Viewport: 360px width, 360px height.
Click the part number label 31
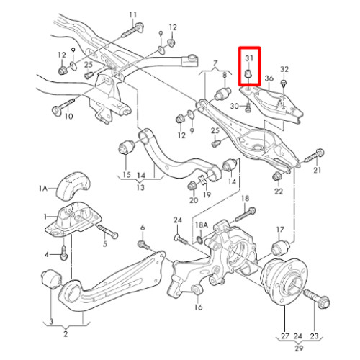click(249, 58)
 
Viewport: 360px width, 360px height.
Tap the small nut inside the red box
click(248, 74)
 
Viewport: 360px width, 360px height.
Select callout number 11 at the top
click(132, 14)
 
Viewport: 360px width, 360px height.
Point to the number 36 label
click(269, 78)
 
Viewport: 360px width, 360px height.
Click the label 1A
click(43, 189)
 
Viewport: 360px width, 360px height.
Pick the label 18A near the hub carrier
click(201, 225)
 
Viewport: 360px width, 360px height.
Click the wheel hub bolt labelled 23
click(317, 299)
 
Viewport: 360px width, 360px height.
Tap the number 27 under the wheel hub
click(285, 336)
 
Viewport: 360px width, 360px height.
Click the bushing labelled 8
click(222, 94)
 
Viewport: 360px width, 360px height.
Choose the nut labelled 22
click(277, 176)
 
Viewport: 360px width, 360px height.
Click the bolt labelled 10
click(63, 107)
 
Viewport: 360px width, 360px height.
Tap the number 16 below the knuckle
click(199, 307)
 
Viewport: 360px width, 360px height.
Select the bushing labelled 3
click(51, 279)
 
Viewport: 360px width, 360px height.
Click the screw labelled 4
click(63, 253)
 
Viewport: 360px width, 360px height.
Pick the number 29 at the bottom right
click(299, 348)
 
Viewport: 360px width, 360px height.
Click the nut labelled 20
click(192, 186)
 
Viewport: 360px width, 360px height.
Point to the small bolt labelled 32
click(284, 83)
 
